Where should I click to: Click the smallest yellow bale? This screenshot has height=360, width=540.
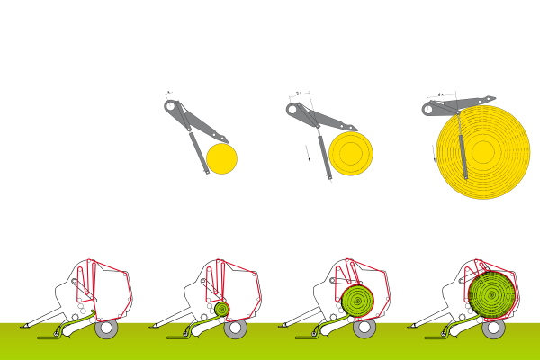pyautogui.click(x=221, y=158)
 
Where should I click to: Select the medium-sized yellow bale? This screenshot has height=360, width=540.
pyautogui.click(x=350, y=153)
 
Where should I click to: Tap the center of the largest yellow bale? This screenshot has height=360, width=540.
pyautogui.click(x=483, y=151)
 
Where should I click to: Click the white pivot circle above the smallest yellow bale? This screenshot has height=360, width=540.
pyautogui.click(x=169, y=105)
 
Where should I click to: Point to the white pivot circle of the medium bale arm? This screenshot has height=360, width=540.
pyautogui.click(x=292, y=109)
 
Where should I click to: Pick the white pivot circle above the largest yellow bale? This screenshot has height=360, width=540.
pyautogui.click(x=428, y=109)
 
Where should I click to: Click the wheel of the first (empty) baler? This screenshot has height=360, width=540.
pyautogui.click(x=106, y=328)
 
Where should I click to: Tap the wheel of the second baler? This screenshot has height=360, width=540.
pyautogui.click(x=236, y=328)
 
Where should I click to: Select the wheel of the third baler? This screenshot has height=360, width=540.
pyautogui.click(x=364, y=328)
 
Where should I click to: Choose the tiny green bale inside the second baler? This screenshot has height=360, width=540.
pyautogui.click(x=221, y=309)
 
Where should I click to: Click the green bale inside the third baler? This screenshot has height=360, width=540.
pyautogui.click(x=357, y=298)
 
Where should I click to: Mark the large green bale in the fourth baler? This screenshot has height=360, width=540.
pyautogui.click(x=490, y=293)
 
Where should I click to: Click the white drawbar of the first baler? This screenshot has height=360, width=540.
pyautogui.click(x=40, y=317)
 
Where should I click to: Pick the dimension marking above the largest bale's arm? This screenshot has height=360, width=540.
pyautogui.click(x=441, y=94)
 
